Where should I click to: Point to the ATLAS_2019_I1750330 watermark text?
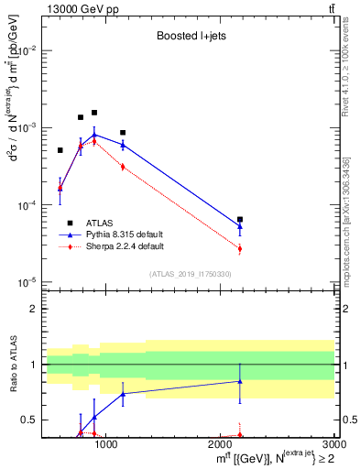(188, 273)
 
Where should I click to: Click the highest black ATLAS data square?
(94, 113)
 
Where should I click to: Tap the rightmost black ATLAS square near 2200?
(240, 220)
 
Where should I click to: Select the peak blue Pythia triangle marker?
(94, 135)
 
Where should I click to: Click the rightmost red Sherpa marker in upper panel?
(240, 248)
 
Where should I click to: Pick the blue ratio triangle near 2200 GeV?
(240, 381)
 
